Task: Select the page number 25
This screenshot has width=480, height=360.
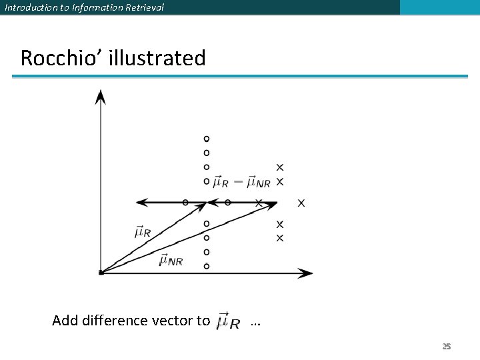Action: click(x=447, y=346)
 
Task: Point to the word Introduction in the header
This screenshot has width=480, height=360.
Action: click(x=31, y=7)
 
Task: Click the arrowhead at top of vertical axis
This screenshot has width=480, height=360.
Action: click(x=100, y=97)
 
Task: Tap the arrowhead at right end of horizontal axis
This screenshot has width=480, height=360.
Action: click(x=306, y=273)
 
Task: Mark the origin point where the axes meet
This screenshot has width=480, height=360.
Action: click(x=100, y=273)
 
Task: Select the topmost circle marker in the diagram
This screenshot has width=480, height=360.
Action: click(x=207, y=139)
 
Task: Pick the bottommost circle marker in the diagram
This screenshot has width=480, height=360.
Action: click(x=207, y=266)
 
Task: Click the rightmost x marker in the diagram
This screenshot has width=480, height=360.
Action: click(x=301, y=203)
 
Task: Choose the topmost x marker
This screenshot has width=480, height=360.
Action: click(x=280, y=167)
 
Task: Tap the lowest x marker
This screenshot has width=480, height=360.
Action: click(x=280, y=238)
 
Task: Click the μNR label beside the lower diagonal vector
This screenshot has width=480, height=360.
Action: click(x=171, y=261)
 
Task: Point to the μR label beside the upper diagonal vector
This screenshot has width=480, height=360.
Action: click(x=143, y=233)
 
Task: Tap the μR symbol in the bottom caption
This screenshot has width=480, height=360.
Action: click(x=229, y=321)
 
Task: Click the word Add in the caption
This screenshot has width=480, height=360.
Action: click(x=65, y=321)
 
